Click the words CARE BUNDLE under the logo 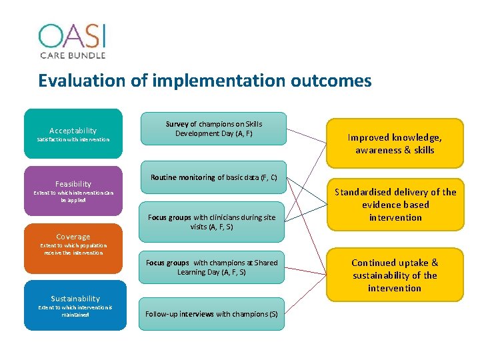(x=72, y=55)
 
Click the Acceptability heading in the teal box (x=73, y=131)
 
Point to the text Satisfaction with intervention (x=73, y=140)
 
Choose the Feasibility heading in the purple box (x=73, y=183)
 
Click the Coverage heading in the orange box (x=73, y=237)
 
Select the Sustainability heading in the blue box (x=75, y=299)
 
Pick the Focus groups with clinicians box (x=211, y=222)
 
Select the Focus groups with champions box (x=211, y=267)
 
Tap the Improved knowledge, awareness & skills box (x=395, y=143)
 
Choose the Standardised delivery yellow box (x=395, y=205)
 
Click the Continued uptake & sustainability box (x=395, y=275)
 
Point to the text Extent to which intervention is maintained (x=75, y=311)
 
